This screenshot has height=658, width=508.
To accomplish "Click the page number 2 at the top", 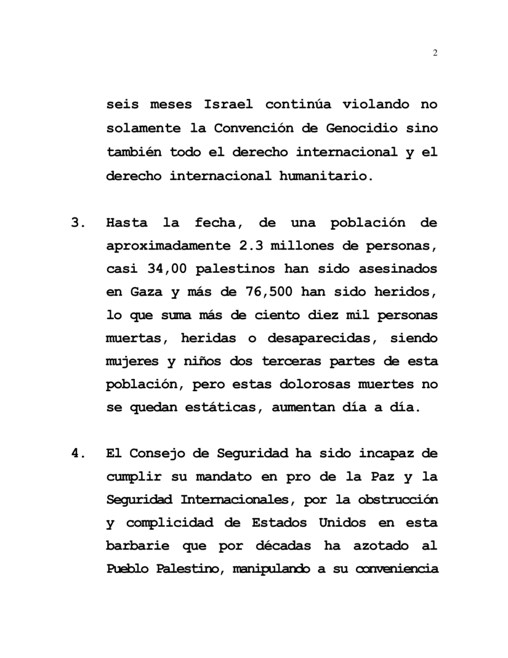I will tap(435, 54).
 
